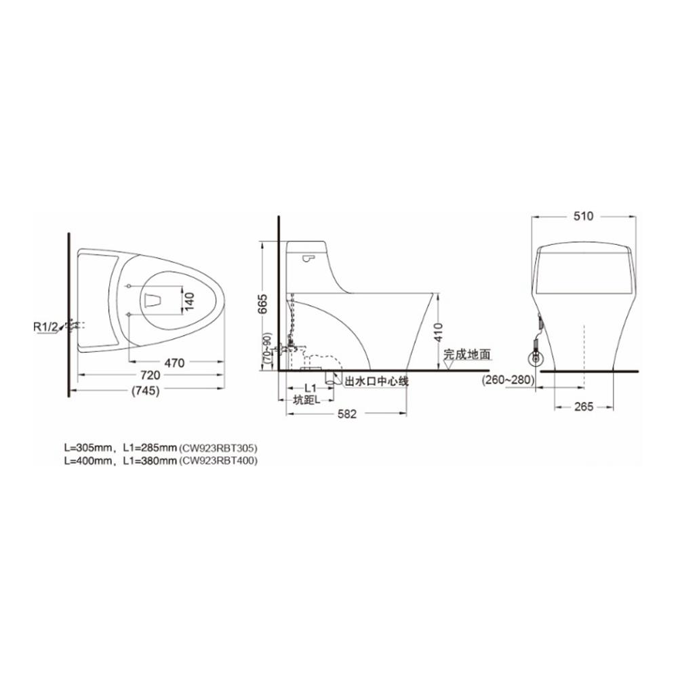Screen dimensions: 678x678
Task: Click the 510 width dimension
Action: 583,216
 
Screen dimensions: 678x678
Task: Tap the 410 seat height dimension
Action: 439,330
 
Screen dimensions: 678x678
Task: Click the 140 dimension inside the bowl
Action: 190,298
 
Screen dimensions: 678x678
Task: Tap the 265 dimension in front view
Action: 584,407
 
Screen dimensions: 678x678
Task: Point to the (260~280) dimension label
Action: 506,381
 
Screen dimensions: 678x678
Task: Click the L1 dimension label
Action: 311,387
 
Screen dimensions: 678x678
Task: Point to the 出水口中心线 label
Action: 377,382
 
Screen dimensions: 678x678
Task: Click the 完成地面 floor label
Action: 467,354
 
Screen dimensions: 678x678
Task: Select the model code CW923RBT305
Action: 218,447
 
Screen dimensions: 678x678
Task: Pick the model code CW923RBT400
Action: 218,460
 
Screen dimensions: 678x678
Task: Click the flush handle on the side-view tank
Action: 309,258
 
